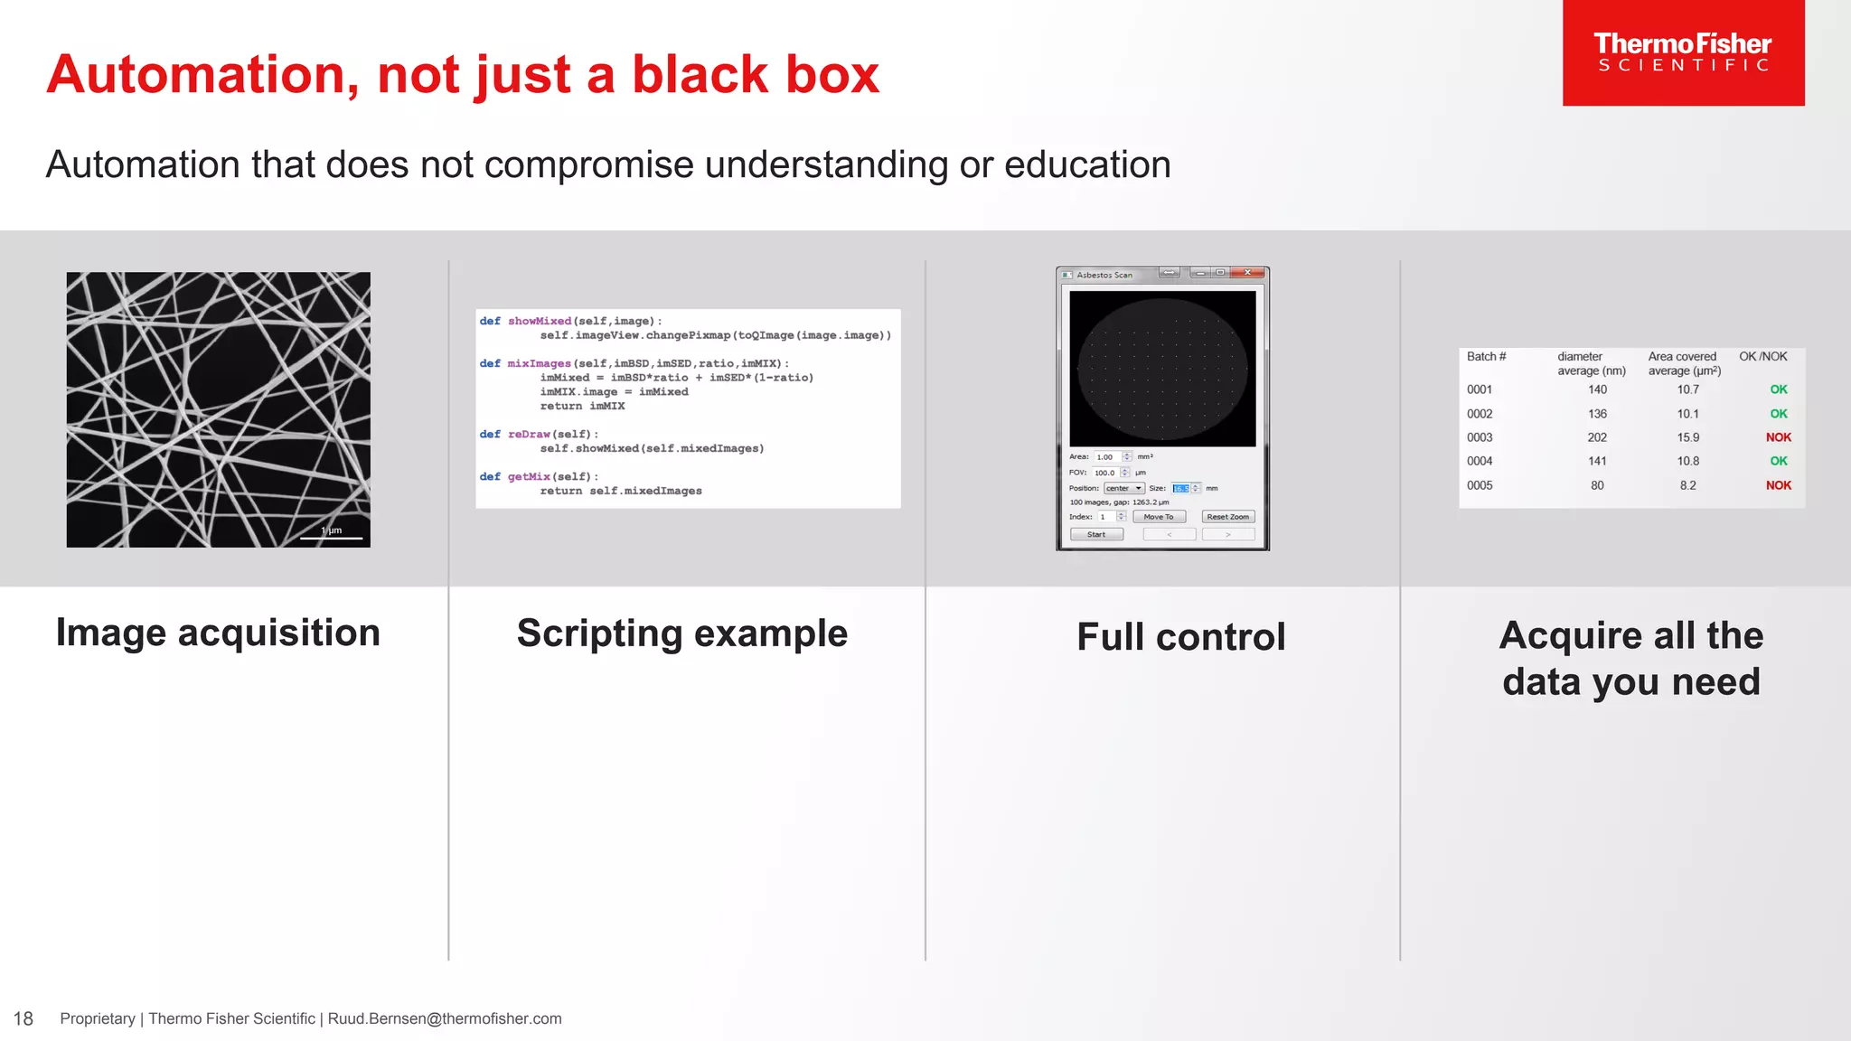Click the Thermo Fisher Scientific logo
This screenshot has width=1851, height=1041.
click(1683, 52)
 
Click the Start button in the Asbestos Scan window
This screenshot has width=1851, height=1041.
click(1096, 535)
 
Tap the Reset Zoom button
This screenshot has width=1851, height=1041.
click(1227, 517)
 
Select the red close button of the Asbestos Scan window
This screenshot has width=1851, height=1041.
click(1247, 273)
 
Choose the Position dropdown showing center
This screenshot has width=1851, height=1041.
click(1123, 488)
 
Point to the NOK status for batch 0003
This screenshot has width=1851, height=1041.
click(1778, 437)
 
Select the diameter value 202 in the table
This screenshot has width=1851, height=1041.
click(1597, 437)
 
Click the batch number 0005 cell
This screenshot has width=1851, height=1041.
click(1480, 485)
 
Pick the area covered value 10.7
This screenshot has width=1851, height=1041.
click(1687, 389)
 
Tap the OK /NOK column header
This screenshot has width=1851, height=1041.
click(1762, 357)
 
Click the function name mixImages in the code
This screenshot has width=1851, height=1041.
click(539, 363)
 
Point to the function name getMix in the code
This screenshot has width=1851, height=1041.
click(529, 476)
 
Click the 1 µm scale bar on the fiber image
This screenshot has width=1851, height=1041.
click(331, 536)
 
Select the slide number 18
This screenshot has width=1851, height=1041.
click(23, 1019)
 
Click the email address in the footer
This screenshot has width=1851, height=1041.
click(444, 1019)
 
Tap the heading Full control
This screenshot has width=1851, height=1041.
click(1180, 637)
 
